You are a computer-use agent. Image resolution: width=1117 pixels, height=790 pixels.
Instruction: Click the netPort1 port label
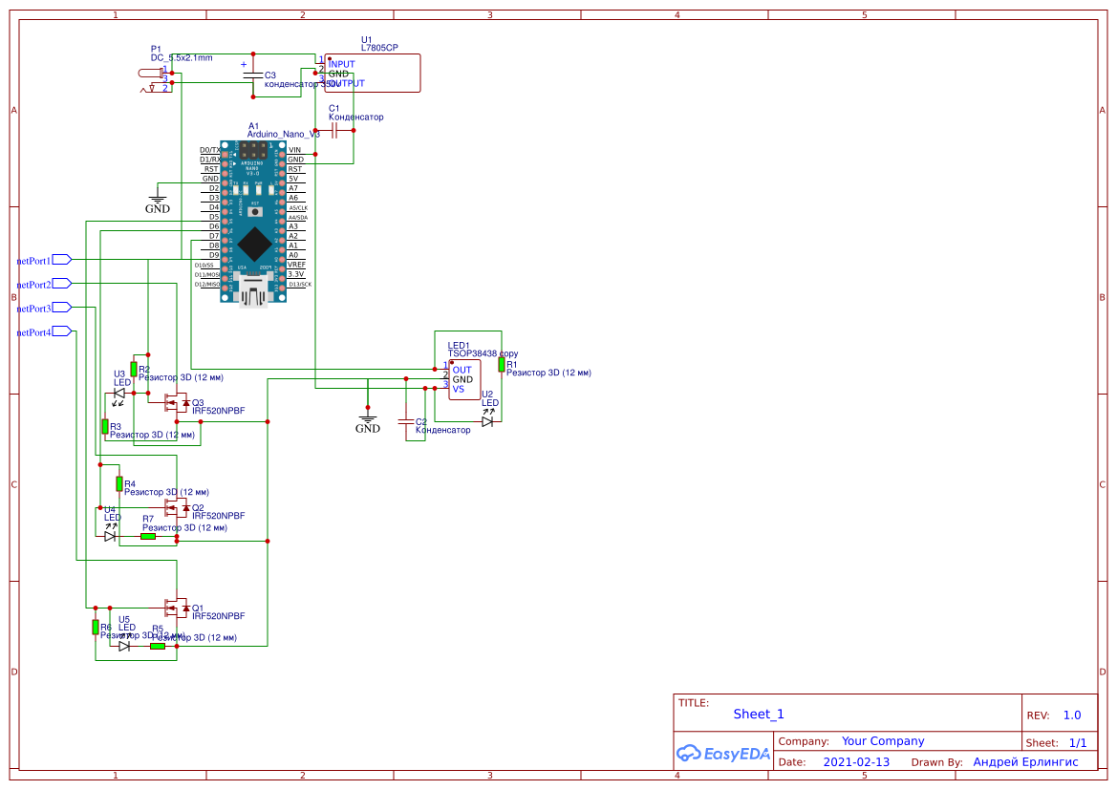(34, 260)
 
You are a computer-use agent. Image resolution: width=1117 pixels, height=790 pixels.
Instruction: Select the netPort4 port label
(34, 332)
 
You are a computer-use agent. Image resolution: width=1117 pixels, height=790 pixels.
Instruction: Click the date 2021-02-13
(856, 762)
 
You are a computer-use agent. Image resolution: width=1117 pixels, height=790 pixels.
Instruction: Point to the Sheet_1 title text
(759, 714)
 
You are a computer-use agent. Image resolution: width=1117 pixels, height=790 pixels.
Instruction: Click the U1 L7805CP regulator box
(372, 74)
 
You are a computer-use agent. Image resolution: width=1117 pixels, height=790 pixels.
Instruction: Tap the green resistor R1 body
(501, 364)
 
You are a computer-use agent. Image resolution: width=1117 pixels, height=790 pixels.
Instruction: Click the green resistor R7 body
(148, 536)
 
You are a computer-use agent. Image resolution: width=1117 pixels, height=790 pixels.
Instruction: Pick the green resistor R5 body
(158, 646)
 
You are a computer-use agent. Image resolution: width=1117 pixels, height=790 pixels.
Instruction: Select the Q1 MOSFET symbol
(176, 607)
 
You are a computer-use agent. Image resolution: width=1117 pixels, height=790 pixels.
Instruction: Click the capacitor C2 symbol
(405, 421)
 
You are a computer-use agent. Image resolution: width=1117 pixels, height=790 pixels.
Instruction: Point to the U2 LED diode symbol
(487, 421)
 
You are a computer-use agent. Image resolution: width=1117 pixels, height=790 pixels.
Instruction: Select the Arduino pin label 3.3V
(295, 274)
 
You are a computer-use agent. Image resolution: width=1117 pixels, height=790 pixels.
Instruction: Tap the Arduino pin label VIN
(294, 150)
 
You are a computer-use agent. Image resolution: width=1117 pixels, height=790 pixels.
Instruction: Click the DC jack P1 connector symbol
(154, 79)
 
